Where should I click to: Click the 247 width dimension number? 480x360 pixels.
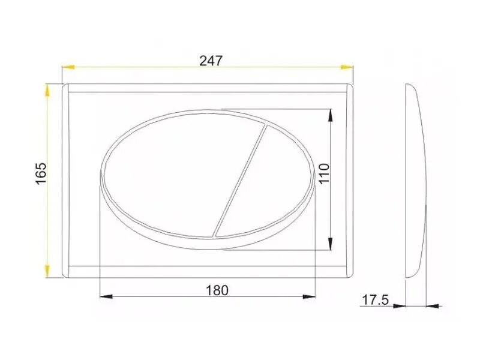(x=211, y=61)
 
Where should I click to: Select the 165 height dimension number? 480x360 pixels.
(x=41, y=173)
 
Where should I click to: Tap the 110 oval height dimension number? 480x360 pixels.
(x=324, y=173)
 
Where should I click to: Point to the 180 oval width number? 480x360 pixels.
(x=217, y=290)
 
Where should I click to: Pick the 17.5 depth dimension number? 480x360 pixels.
(x=376, y=300)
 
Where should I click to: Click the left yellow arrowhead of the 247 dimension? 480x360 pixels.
(x=68, y=67)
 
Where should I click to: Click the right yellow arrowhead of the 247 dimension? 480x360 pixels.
(x=347, y=67)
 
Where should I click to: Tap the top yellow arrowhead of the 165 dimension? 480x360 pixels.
(x=47, y=90)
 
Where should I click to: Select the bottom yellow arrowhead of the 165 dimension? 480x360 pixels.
(x=47, y=271)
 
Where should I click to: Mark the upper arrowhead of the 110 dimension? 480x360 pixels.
(x=330, y=116)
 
